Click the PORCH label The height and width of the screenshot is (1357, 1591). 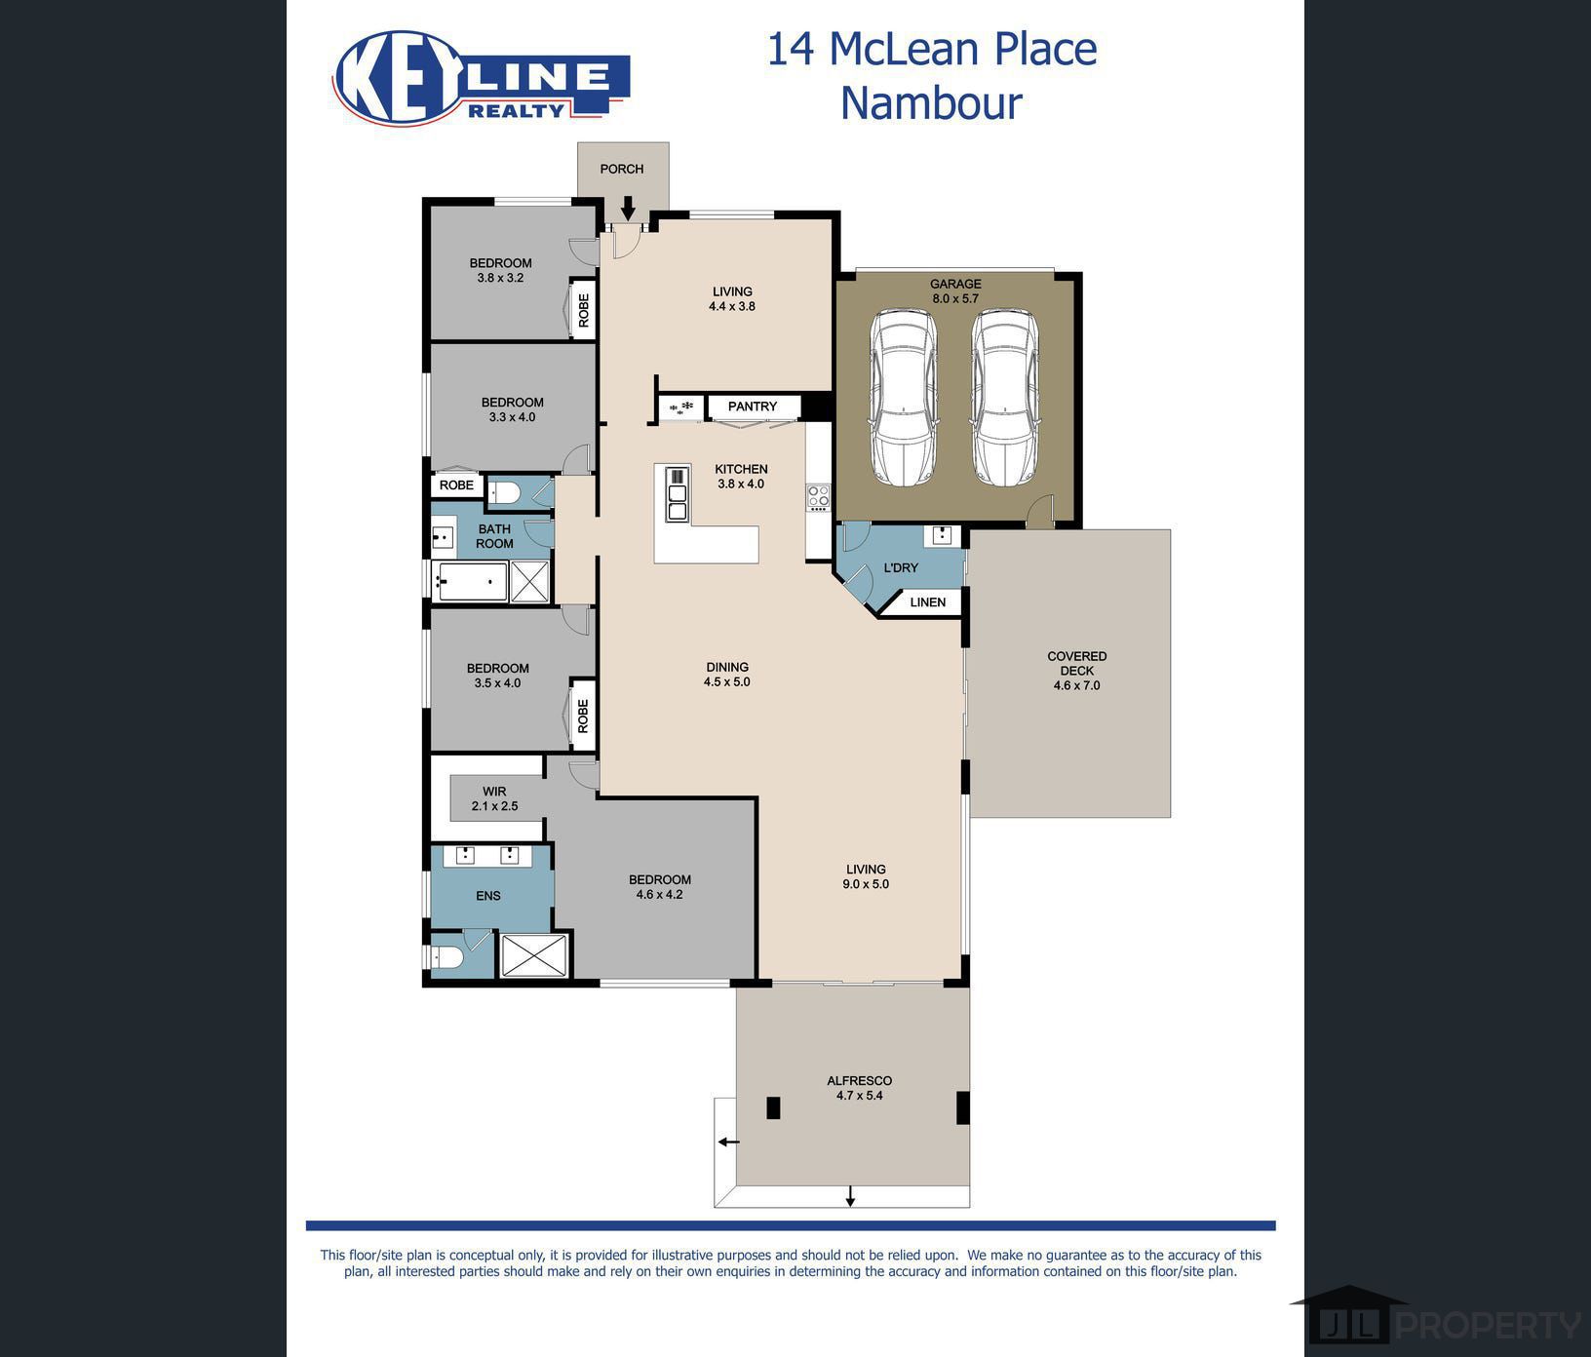[x=622, y=169]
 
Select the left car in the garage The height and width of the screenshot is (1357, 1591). [x=903, y=397]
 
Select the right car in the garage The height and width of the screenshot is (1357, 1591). [x=1004, y=397]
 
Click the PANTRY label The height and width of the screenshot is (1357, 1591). [x=753, y=407]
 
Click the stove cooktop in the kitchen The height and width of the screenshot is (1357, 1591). [x=818, y=497]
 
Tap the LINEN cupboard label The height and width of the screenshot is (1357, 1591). [x=927, y=602]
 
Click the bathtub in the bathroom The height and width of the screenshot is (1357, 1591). [x=472, y=582]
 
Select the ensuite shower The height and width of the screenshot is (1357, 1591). [x=533, y=954]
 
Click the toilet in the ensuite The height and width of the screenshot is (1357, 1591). [x=446, y=956]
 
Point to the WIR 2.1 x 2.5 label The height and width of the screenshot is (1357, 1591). [x=494, y=798]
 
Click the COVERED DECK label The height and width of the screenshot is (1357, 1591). [x=1076, y=670]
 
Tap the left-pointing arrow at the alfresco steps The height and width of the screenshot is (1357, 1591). [x=728, y=1142]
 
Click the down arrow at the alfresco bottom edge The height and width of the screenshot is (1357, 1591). [x=850, y=1196]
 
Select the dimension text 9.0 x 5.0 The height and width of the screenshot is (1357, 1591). [x=866, y=884]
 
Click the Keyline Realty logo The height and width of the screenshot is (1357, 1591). [x=481, y=78]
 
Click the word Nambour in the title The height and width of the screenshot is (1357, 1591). [x=931, y=103]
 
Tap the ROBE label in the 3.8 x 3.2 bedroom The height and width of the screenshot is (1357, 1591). [x=584, y=310]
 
